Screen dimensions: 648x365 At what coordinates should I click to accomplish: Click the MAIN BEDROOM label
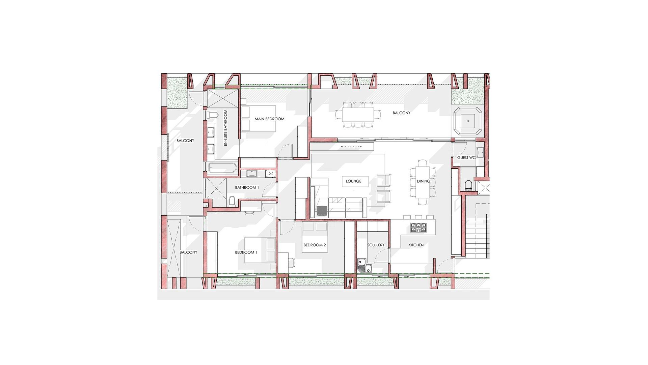point(269,119)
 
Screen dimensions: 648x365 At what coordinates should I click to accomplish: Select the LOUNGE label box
point(353,181)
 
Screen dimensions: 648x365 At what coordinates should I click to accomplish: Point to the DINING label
point(423,181)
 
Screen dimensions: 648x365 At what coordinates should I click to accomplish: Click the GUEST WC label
point(466,158)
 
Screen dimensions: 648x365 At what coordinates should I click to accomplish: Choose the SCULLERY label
point(376,245)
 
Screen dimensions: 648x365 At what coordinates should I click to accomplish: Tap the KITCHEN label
point(416,245)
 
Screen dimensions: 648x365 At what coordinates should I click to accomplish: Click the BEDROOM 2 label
point(315,245)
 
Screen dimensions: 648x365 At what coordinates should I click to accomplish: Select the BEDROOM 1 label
point(246,252)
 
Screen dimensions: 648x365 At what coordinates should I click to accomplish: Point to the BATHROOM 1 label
point(247,188)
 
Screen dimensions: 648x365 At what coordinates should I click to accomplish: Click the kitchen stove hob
point(418,227)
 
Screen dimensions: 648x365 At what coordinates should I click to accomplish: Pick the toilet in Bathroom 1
point(233,201)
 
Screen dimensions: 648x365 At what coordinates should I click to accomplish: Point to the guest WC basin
point(481,153)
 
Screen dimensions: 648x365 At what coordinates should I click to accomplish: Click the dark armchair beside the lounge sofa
point(322,211)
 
